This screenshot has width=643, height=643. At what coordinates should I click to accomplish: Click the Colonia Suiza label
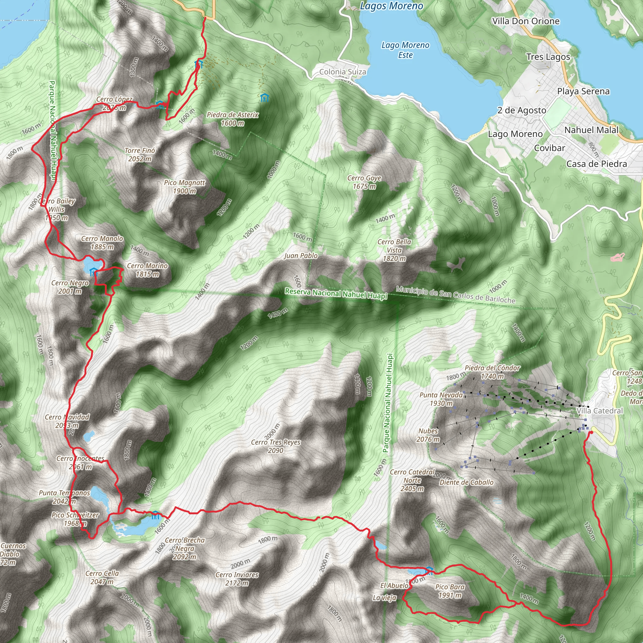[343, 72]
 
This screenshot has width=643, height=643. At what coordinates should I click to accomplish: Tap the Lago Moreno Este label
[405, 50]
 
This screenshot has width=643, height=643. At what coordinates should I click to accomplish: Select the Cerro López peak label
[114, 103]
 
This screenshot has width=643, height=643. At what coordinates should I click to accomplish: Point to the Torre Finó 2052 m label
[140, 155]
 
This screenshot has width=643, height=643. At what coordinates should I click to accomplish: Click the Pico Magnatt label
[184, 187]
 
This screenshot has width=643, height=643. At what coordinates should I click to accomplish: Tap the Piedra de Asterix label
[232, 119]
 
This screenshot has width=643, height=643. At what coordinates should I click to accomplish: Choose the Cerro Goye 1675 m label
[364, 182]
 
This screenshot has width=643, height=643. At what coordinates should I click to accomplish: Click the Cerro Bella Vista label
[394, 250]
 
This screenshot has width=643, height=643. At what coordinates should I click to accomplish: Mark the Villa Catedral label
[599, 411]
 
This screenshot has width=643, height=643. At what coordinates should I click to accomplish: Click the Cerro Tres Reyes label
[276, 446]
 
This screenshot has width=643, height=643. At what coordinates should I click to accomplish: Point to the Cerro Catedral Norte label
[412, 480]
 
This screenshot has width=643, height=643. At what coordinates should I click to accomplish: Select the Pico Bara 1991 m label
[450, 591]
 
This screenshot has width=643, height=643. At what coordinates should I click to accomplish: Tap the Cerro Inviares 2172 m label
[237, 579]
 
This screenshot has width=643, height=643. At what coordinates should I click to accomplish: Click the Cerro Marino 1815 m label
[147, 270]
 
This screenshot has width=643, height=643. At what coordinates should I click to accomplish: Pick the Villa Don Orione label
[526, 21]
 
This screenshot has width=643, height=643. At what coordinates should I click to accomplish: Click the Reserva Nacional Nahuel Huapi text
[336, 294]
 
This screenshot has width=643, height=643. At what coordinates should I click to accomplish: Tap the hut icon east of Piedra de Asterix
[265, 98]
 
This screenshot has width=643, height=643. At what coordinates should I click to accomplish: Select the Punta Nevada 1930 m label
[441, 399]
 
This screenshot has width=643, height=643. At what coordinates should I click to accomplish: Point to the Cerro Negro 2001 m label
[70, 287]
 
